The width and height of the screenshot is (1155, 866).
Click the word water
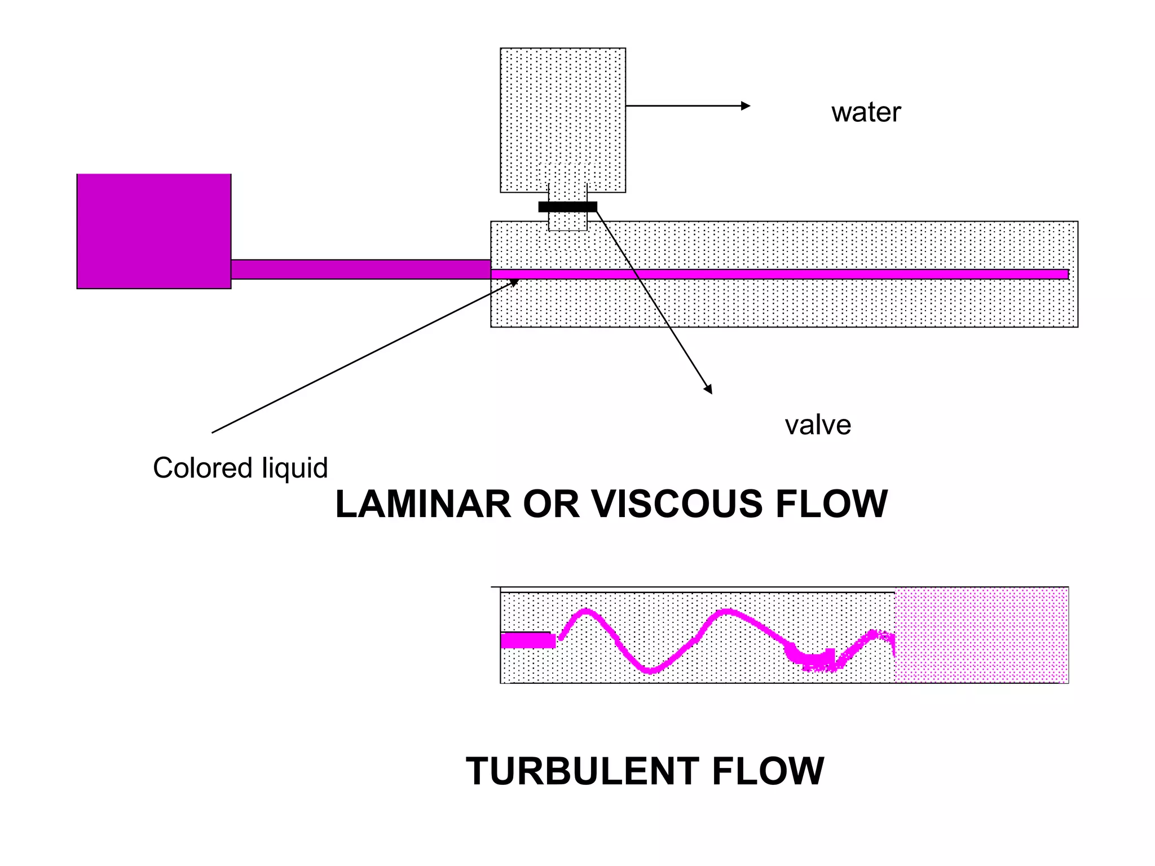click(x=866, y=112)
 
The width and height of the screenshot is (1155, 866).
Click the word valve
click(x=817, y=425)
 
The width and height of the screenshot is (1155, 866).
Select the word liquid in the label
click(x=295, y=468)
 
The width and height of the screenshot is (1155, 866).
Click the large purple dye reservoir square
click(x=154, y=231)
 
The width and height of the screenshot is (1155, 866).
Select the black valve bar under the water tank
click(x=567, y=207)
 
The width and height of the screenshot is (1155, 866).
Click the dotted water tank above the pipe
click(x=562, y=113)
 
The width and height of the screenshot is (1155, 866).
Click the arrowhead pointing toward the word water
click(x=746, y=106)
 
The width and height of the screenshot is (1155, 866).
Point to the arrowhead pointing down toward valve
click(x=708, y=389)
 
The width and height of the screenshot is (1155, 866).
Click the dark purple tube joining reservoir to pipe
click(x=361, y=269)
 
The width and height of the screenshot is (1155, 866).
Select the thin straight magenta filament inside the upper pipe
click(x=790, y=274)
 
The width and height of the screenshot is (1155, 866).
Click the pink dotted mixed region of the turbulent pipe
click(x=981, y=635)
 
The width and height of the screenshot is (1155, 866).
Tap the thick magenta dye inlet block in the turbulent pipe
click(x=527, y=640)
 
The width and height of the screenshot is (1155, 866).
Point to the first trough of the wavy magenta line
click(x=650, y=670)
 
